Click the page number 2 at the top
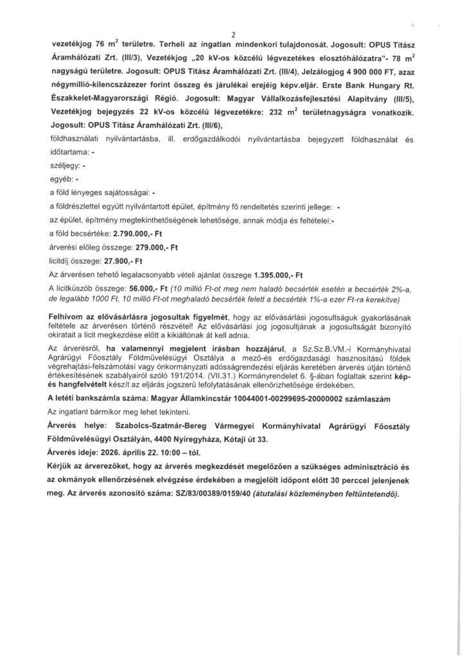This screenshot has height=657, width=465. tap(232, 34)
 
